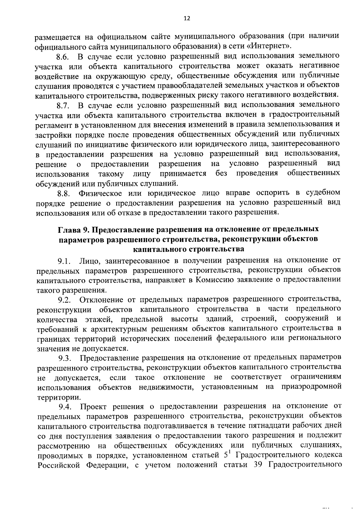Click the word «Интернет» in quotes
click(x=271, y=46)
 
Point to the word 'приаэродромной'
click(x=311, y=387)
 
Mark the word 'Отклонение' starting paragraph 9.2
click(x=100, y=300)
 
